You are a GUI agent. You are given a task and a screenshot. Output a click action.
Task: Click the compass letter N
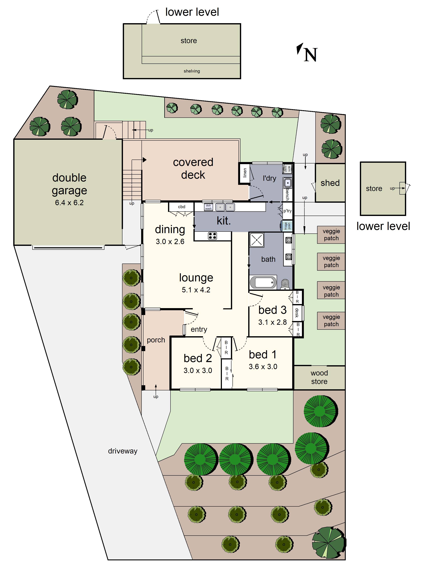(310, 55)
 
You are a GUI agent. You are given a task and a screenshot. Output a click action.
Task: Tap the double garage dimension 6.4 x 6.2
(69, 203)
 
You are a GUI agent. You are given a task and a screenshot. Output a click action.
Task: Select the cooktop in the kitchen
(212, 236)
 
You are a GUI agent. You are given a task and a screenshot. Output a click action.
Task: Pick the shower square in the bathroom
(257, 240)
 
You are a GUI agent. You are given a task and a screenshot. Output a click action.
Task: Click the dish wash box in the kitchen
(208, 207)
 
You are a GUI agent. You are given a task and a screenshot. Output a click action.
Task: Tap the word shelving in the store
(192, 71)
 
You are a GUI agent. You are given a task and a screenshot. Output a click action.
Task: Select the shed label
(330, 183)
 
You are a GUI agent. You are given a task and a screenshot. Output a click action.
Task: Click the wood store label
(319, 377)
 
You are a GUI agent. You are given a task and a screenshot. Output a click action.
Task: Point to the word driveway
(123, 451)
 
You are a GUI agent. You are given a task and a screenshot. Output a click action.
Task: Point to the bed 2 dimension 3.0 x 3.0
(198, 371)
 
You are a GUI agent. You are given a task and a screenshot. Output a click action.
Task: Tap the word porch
(156, 340)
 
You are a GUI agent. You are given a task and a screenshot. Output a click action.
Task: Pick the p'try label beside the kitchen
(287, 211)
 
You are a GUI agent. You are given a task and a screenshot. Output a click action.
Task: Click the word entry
(199, 329)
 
